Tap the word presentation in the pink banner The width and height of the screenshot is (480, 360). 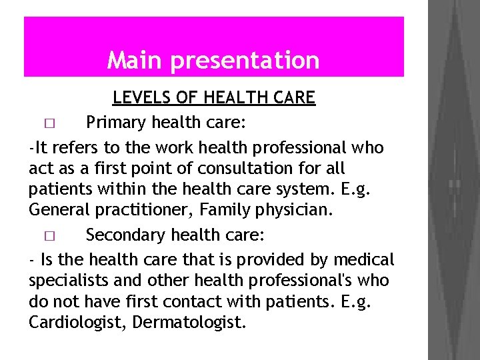245,61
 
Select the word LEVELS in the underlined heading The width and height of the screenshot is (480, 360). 138,98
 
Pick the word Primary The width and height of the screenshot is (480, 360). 115,123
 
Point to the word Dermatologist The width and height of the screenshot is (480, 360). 189,323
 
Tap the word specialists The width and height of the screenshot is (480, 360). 65,279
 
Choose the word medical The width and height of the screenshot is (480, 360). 365,258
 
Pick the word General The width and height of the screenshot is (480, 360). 56,211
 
